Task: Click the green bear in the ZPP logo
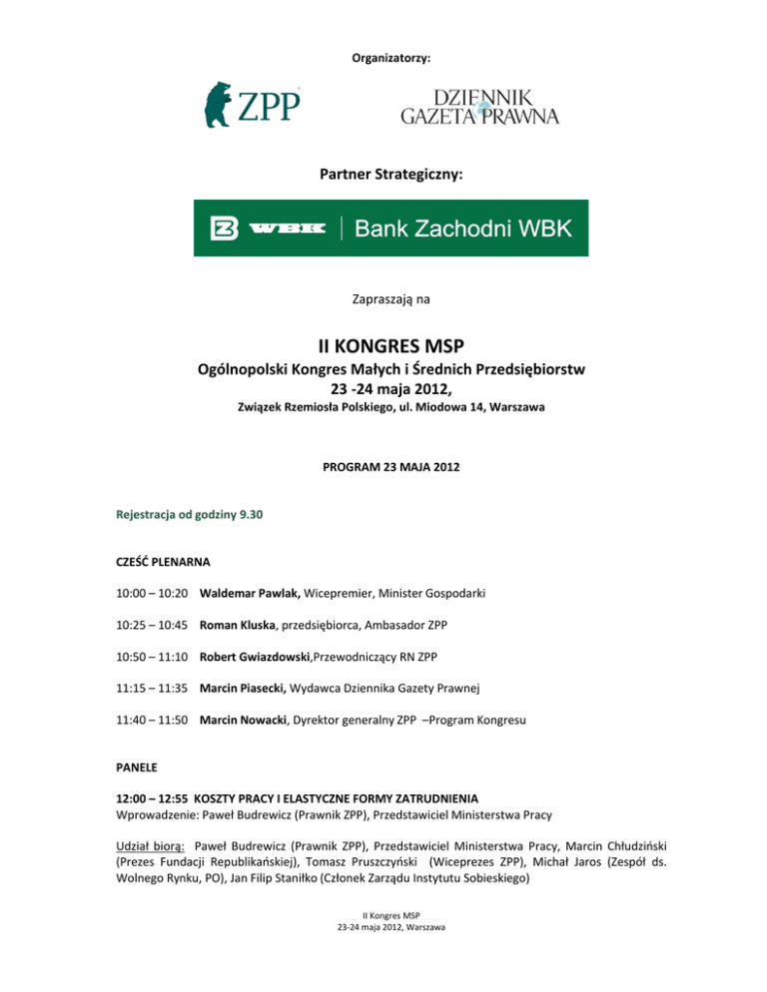point(221,104)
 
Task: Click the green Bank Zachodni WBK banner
point(390,229)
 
